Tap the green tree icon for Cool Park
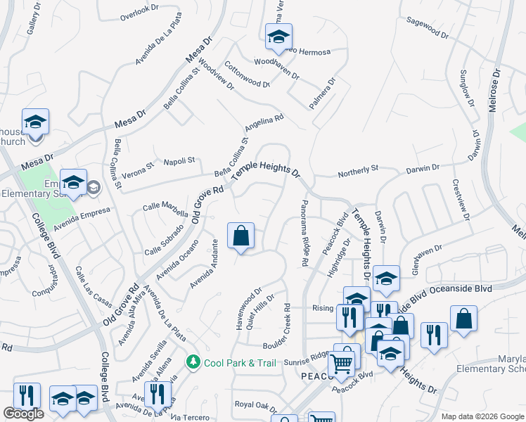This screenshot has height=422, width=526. click(193, 362)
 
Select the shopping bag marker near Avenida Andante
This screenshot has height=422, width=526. click(240, 237)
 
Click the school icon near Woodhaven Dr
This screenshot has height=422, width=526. click(278, 37)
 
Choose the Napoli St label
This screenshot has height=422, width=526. click(179, 161)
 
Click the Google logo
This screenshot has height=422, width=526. click(24, 414)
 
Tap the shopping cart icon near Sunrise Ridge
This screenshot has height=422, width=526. click(342, 364)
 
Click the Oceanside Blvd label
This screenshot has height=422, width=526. click(456, 288)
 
